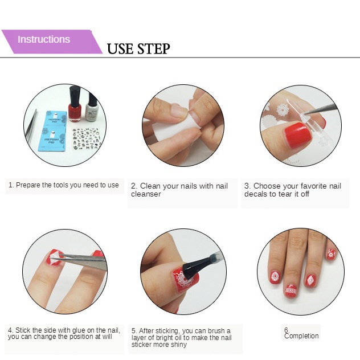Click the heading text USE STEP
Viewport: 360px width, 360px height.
pyautogui.click(x=138, y=48)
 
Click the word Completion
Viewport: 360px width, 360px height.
pyautogui.click(x=301, y=336)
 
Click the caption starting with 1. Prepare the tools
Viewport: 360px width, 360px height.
pyautogui.click(x=63, y=185)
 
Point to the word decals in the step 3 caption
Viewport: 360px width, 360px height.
pyautogui.click(x=255, y=194)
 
